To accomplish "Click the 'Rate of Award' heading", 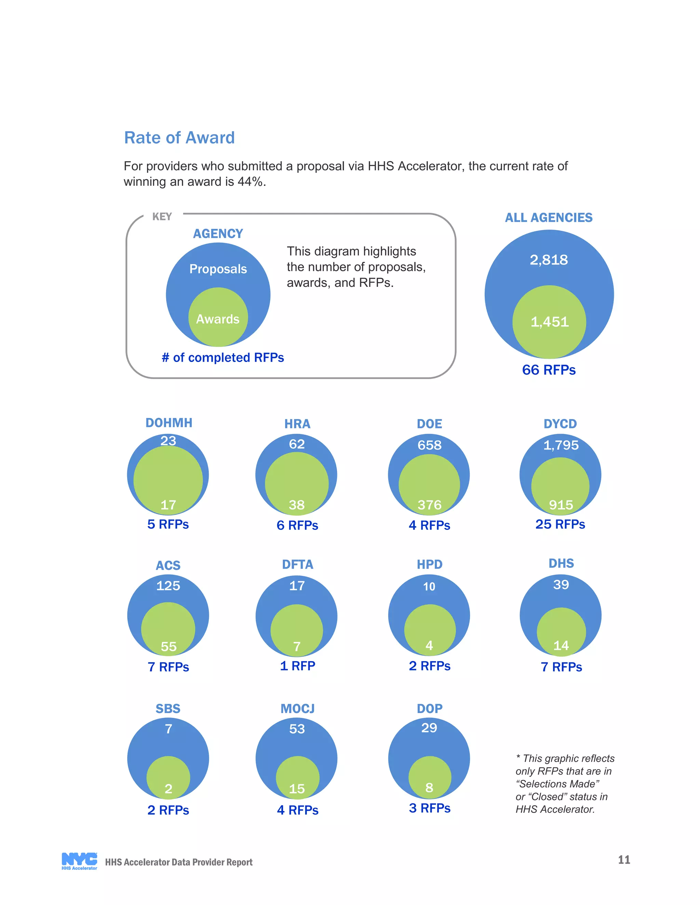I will [179, 138].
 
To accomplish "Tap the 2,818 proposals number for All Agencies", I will [549, 260].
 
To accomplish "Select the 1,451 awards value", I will [550, 322].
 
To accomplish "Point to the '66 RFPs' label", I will [549, 370].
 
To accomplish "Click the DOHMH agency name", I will [169, 423].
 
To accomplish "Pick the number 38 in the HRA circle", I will [297, 505].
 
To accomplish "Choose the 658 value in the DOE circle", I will [429, 445].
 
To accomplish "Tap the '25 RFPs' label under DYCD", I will [560, 524].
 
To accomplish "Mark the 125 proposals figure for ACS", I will [168, 585].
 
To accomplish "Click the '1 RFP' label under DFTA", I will [297, 666].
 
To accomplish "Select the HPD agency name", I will [429, 565].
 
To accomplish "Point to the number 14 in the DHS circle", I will [561, 645].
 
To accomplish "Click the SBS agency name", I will [168, 709].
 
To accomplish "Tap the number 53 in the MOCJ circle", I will [297, 729].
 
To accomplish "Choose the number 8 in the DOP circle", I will [429, 787].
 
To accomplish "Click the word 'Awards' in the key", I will [218, 319].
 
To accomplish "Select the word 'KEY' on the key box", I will [162, 217].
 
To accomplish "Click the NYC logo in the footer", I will [79, 861].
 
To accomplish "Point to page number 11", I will [624, 860].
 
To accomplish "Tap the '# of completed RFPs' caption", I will [223, 358].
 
